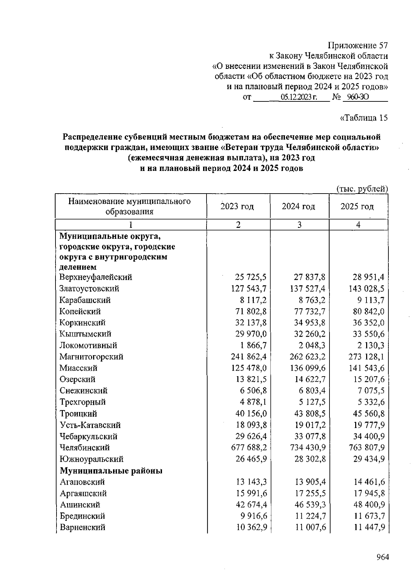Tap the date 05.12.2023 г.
point(299,97)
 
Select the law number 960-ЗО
point(356,97)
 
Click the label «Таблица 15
point(364,118)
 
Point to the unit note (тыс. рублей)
point(362,189)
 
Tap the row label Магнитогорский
point(91,357)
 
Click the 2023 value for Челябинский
point(249,447)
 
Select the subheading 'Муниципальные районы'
point(111,471)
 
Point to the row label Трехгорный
point(83,402)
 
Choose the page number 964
point(383,557)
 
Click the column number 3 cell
point(299,225)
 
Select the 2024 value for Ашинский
point(310,505)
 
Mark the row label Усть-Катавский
point(90,425)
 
